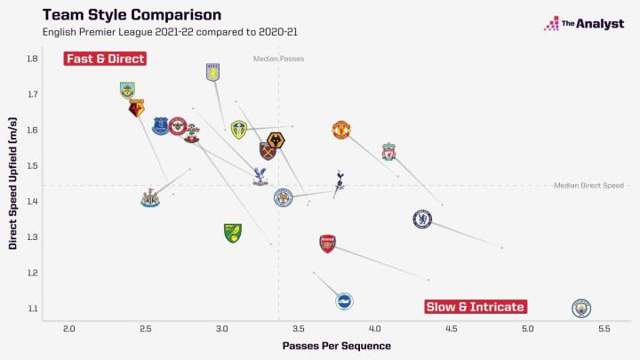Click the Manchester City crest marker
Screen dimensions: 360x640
coord(581,308)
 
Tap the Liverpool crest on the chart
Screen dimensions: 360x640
coord(388,151)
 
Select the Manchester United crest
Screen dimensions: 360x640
coord(341,131)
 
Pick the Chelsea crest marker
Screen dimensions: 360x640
coord(422,219)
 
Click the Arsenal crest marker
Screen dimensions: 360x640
coord(327,244)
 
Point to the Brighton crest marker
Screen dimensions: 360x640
coord(344,301)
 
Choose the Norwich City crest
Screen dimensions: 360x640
coord(233,233)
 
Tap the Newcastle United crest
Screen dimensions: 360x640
coord(150,198)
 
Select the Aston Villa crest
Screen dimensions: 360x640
coord(212,73)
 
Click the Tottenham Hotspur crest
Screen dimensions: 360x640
coord(340,184)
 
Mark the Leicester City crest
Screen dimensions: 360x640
coord(283,196)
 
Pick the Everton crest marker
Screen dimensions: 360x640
coord(160,125)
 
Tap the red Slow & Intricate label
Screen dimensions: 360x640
coord(476,307)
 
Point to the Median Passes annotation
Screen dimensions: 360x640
coord(278,59)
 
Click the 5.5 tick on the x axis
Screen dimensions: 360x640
coord(604,330)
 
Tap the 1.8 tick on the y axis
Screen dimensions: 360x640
coord(32,59)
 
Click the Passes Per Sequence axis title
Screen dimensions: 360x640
coord(324,346)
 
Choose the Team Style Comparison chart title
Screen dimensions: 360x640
coord(132,15)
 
